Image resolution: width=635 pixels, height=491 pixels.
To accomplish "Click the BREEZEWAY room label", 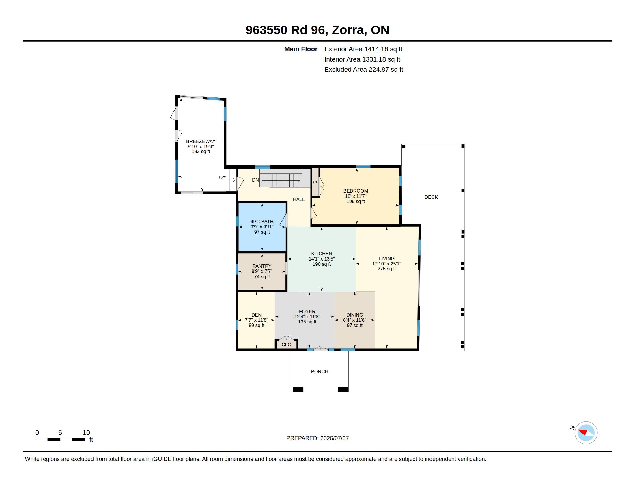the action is pos(201,141).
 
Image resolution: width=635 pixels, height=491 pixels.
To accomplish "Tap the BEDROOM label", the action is pos(356,191).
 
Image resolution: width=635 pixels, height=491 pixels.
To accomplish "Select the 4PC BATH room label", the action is pos(262,222).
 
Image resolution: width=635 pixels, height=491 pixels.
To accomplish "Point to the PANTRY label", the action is pos(262,266).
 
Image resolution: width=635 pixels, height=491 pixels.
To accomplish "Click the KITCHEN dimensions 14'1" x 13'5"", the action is pos(322,259).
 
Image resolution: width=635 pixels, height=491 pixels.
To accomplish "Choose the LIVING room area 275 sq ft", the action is pos(387,269).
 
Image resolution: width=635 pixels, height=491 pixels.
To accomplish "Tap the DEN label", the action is pos(256,315).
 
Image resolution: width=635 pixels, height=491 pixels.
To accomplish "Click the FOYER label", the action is pos(307,312).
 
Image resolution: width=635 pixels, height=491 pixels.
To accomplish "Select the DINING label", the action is pos(354,315).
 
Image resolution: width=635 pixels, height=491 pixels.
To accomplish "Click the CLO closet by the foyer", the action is pos(286,345).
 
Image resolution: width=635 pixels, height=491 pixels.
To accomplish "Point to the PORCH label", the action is pos(320,371).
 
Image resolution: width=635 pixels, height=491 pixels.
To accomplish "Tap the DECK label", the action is pos(431,197).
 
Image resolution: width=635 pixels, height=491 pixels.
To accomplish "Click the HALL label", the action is pos(299,200).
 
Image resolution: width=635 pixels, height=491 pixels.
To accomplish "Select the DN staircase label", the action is pos(255,180).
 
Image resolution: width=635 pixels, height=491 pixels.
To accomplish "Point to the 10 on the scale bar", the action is pos(86,433).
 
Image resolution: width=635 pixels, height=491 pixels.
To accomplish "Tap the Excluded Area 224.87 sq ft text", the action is pos(364,70).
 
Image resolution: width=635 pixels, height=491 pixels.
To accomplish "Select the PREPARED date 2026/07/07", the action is pos(334,438).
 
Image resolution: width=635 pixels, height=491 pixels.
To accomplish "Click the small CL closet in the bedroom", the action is pos(315,182).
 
